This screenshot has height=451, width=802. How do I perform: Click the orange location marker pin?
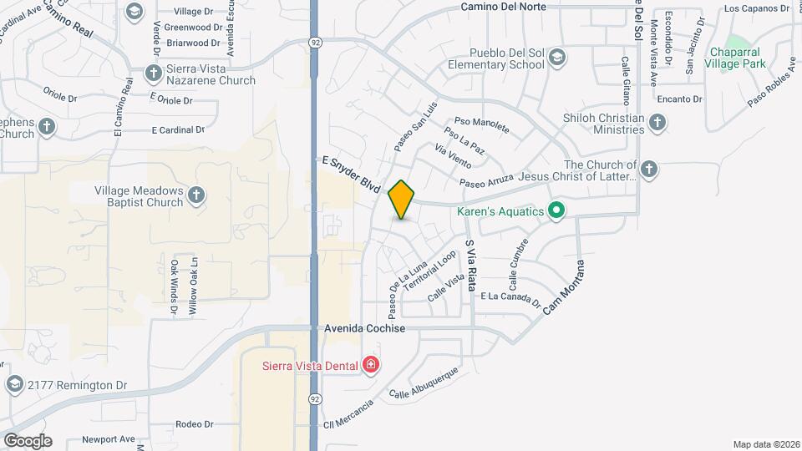[x=402, y=199]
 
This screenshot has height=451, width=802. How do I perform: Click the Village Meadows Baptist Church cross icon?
[x=196, y=195]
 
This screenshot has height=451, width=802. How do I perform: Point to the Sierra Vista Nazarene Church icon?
[x=153, y=73]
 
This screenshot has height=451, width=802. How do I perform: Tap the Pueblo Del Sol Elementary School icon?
[x=557, y=58]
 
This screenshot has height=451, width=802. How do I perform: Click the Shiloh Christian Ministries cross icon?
[x=657, y=123]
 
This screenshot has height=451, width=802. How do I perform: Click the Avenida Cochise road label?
[x=364, y=329]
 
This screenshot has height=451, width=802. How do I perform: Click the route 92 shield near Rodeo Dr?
[x=314, y=399]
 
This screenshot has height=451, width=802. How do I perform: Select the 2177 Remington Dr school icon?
[x=13, y=384]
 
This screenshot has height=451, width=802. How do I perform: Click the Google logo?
[x=27, y=440]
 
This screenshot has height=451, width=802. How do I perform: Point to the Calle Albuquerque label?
[x=424, y=383]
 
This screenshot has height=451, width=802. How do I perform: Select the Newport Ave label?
[x=108, y=439]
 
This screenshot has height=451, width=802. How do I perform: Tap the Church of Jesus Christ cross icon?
[x=649, y=170]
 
